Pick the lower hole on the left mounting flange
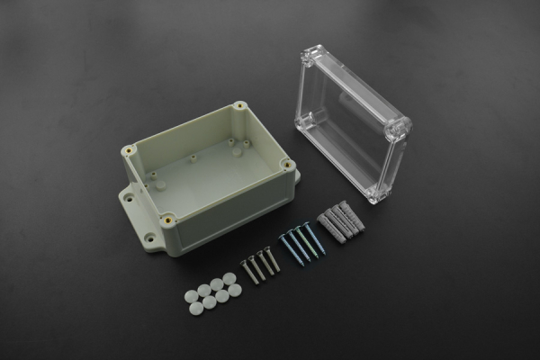pos(149,238)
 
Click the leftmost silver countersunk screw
pos(249,271)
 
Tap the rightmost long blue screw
pos(314,237)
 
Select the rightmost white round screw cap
pos(235,290)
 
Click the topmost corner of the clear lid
pos(310,54)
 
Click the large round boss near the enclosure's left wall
pos(160,184)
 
